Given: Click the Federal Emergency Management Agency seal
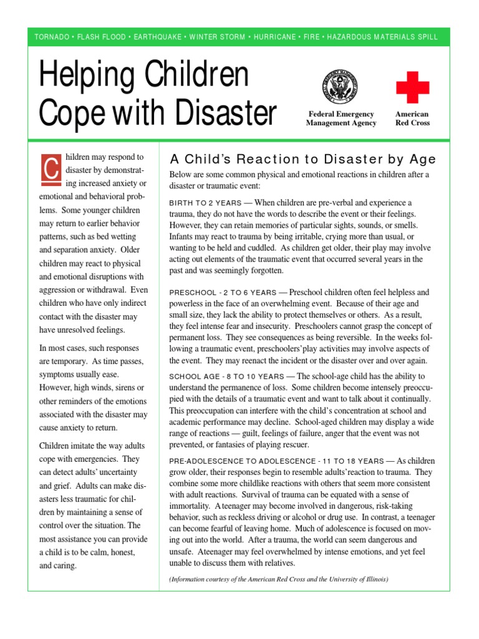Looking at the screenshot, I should (x=341, y=88).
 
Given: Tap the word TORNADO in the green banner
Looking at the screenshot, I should (x=52, y=37).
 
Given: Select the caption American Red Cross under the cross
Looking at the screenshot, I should (x=412, y=119).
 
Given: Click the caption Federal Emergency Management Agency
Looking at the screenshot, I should (x=341, y=119).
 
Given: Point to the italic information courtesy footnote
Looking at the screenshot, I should (x=279, y=580).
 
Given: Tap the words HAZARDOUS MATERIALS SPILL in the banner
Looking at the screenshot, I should (x=387, y=37).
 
